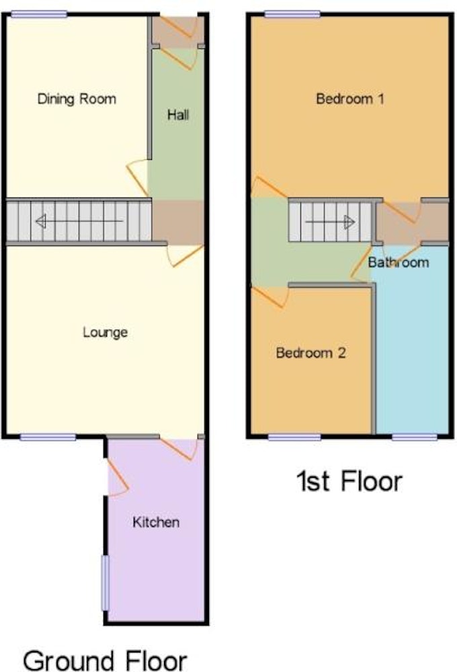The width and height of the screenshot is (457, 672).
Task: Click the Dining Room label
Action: click(77, 99)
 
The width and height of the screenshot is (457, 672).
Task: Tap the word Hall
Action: click(178, 114)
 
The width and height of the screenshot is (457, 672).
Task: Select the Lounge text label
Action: click(105, 332)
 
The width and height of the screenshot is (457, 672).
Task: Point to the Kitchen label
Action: click(156, 522)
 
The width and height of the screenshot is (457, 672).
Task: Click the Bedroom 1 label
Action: click(350, 99)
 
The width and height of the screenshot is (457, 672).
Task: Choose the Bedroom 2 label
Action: click(310, 353)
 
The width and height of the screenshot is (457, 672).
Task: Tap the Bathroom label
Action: click(399, 262)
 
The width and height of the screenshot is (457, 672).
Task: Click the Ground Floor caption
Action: click(105, 661)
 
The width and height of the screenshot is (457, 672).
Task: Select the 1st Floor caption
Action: click(349, 481)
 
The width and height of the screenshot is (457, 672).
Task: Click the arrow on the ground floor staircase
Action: click(79, 221)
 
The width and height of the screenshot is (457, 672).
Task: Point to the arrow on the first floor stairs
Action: click(330, 222)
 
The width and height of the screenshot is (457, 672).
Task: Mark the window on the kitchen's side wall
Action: click(105, 583)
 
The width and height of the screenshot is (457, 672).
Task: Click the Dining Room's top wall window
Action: click(39, 15)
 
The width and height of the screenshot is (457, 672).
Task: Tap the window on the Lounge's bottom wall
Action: click(48, 437)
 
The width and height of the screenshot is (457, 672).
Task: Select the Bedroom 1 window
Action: click(292, 15)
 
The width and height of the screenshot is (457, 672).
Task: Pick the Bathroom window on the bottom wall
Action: click(415, 437)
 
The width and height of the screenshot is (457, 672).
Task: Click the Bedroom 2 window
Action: click(294, 437)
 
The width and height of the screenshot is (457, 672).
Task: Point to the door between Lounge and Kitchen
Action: click(179, 448)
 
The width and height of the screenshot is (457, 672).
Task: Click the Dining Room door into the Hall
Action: click(138, 177)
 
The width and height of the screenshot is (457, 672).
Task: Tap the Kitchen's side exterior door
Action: click(117, 478)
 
